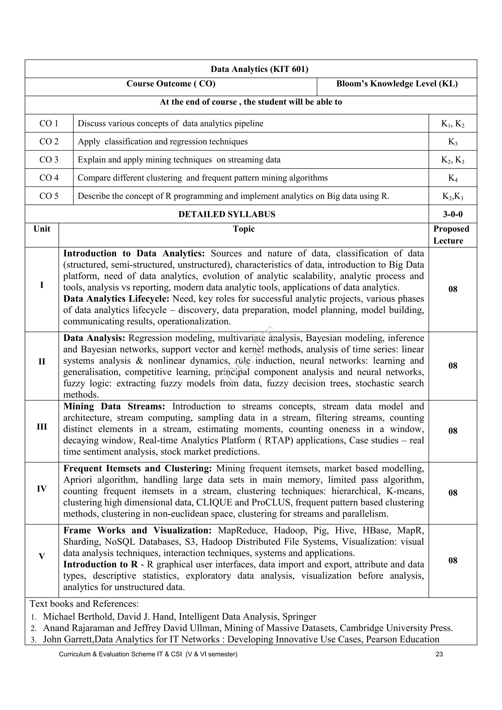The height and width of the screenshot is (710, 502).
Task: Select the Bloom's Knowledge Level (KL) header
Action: [397, 84]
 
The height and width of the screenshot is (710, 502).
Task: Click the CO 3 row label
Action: [49, 160]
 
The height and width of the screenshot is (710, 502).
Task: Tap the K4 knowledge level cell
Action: [452, 178]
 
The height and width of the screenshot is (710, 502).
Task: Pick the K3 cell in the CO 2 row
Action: [452, 142]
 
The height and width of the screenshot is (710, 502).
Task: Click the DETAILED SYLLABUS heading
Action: [226, 214]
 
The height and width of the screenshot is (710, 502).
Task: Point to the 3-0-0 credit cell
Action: [452, 214]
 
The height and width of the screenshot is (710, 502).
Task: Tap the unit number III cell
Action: [42, 427]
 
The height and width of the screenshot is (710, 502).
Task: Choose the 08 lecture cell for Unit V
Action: [452, 560]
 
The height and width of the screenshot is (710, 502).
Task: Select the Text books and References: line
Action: [84, 604]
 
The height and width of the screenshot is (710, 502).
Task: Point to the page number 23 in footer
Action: [439, 654]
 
